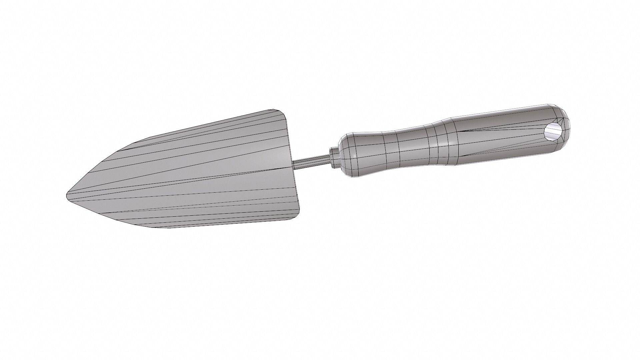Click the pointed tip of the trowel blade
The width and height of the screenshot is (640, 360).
coord(68,194)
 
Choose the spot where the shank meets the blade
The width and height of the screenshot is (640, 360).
coord(293,163)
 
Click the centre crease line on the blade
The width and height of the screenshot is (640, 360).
coord(187,182)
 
